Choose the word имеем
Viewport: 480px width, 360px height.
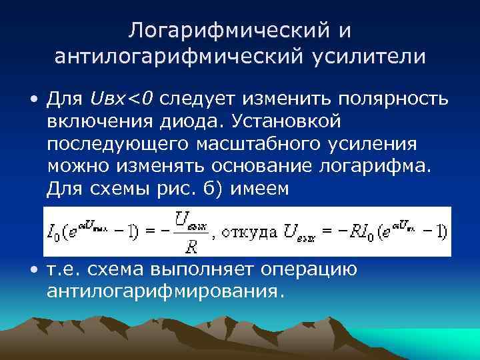point(259,189)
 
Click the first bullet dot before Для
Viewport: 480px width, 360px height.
point(33,101)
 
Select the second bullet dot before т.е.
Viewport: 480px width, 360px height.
point(33,270)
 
